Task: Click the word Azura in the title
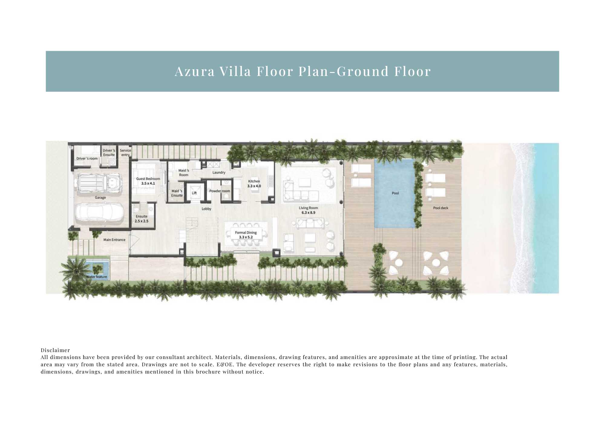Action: point(195,71)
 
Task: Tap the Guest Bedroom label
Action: point(148,179)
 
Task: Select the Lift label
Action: point(194,193)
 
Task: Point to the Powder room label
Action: point(220,191)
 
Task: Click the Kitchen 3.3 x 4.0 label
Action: point(254,184)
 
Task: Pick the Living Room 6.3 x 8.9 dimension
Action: point(308,213)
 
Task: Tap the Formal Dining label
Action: point(246,232)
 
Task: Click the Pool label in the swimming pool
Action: point(395,193)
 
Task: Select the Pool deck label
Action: point(440,208)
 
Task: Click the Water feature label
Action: point(96,277)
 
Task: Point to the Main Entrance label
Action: point(114,240)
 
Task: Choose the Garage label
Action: point(100,198)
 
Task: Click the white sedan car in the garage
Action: point(99,212)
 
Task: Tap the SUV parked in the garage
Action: point(99,183)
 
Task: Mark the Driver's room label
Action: point(87,159)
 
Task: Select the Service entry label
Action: point(126,153)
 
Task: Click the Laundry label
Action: point(219,173)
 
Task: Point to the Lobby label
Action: point(206,209)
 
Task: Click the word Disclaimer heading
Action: point(55,350)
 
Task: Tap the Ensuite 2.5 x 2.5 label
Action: point(142,219)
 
